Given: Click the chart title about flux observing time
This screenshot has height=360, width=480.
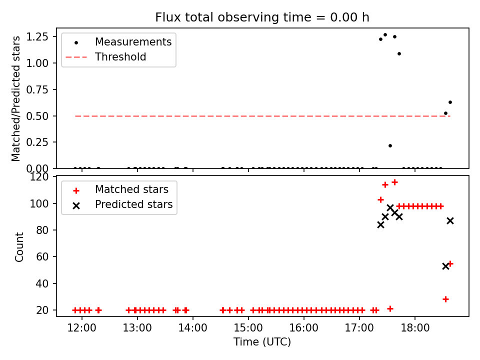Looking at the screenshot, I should (262, 17).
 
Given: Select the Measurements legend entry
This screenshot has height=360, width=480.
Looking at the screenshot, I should (133, 42).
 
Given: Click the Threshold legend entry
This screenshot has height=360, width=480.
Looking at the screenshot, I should (120, 57).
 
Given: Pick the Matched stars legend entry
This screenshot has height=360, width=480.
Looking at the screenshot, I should (131, 190).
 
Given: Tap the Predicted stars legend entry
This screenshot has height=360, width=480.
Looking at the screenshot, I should (133, 204).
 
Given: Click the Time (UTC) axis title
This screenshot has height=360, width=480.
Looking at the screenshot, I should (262, 342).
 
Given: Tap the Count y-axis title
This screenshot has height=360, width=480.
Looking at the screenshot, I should (19, 247).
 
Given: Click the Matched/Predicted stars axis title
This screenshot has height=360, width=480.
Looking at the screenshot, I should (16, 98).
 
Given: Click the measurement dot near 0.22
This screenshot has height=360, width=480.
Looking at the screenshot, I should (390, 145).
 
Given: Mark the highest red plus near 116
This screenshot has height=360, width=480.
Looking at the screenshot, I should (394, 182).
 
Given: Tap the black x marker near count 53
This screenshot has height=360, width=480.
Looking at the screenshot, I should (445, 266).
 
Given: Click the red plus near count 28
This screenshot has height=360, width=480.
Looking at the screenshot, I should (445, 299).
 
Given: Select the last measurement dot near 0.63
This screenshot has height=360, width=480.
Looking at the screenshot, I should (450, 102).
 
